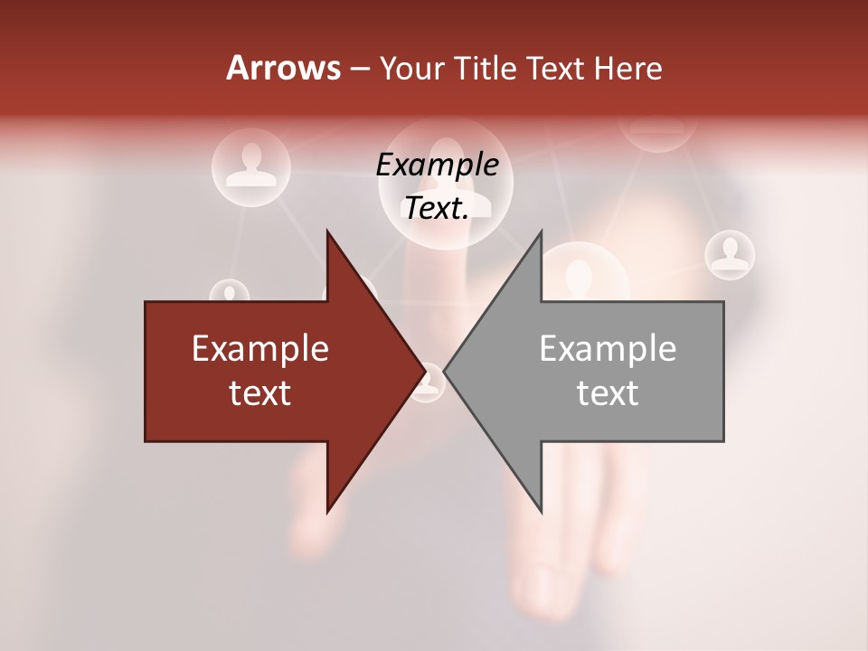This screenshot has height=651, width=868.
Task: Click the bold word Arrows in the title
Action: pos(283,68)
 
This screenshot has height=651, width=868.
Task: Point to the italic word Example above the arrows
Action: pos(437,165)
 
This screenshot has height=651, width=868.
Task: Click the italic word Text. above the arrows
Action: pos(437,208)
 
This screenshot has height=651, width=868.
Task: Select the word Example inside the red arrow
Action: pos(260,349)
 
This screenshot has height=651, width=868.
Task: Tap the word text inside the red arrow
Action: pos(260,392)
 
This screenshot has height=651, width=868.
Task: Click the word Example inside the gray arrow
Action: pos(608,349)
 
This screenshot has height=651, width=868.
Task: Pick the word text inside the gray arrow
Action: pos(608,392)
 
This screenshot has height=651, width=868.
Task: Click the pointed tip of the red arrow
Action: pos(423,371)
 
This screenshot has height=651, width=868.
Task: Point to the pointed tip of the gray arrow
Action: pos(447,371)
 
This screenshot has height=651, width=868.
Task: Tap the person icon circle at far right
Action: pos(729,254)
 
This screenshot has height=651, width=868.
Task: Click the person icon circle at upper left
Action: pos(250,164)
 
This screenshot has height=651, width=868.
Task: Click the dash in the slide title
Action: pos(358,69)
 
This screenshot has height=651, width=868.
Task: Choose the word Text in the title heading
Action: pos(552,68)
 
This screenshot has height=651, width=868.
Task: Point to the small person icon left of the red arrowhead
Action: pos(230,293)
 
